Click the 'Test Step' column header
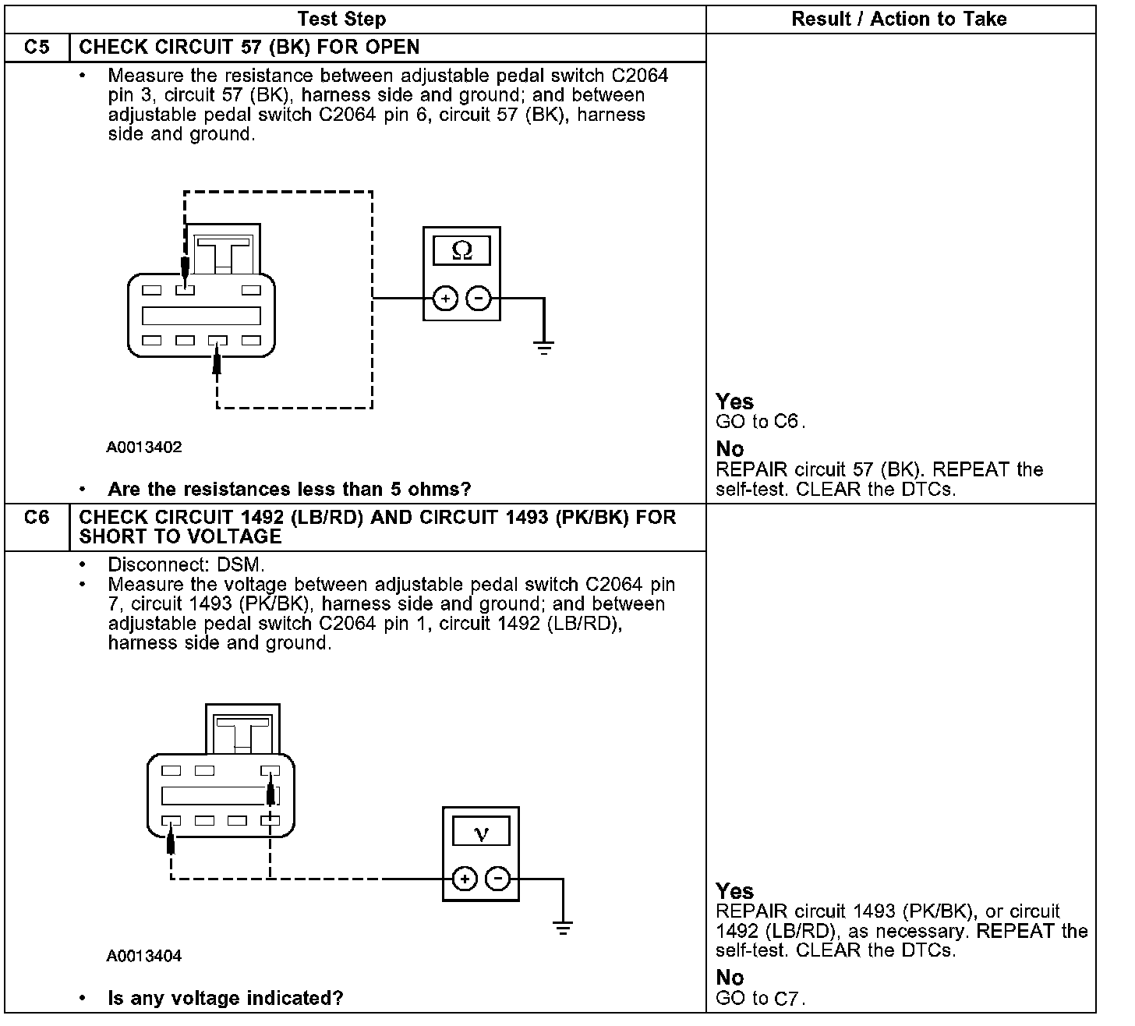(x=341, y=19)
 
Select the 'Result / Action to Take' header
(x=899, y=19)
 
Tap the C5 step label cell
(x=37, y=47)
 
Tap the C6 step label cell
(x=37, y=518)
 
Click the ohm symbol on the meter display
(x=462, y=250)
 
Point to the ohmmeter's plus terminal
(x=445, y=299)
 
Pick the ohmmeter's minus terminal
(x=479, y=299)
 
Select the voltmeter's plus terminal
(x=465, y=879)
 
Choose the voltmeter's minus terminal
(x=498, y=879)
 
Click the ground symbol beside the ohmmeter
(x=544, y=347)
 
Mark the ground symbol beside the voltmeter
(x=563, y=928)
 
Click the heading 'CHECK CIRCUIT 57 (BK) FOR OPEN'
(x=249, y=47)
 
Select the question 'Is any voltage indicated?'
(x=225, y=998)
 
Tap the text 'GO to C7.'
(x=760, y=998)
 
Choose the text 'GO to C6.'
(x=760, y=422)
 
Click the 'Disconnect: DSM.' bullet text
(x=186, y=564)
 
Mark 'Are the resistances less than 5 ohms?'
(x=289, y=490)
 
